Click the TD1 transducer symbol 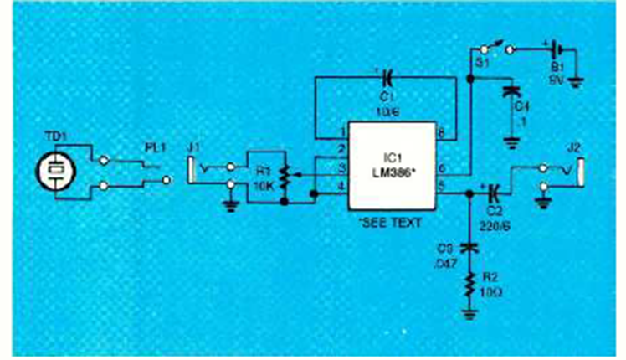pos(55,170)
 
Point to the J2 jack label pos(573,149)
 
